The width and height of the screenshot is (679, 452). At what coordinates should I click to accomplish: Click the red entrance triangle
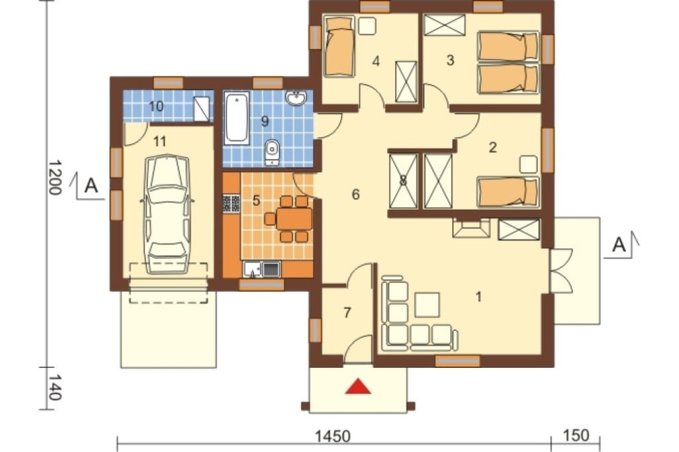(x=358, y=387)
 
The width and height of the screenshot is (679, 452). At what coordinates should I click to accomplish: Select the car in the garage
(x=168, y=214)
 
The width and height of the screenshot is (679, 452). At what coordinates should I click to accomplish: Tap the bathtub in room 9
(x=236, y=118)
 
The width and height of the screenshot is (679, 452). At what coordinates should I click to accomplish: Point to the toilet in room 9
(x=272, y=153)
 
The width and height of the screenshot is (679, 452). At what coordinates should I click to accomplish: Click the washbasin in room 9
(x=296, y=98)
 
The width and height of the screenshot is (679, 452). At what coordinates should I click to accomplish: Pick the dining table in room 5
(x=294, y=219)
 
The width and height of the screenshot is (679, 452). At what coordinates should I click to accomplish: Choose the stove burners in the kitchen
(x=232, y=204)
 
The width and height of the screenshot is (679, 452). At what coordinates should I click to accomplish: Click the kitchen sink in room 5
(x=262, y=269)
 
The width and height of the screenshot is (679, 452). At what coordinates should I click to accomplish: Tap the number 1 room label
(x=478, y=297)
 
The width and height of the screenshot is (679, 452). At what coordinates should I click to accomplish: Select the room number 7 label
(x=347, y=312)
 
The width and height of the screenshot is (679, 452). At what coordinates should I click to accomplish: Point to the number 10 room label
(x=156, y=106)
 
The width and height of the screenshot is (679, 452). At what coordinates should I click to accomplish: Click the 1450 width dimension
(x=333, y=436)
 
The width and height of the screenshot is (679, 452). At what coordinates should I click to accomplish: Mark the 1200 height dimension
(x=54, y=178)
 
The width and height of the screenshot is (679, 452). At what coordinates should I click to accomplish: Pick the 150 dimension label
(x=576, y=435)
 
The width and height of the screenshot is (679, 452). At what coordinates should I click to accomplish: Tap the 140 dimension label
(x=54, y=388)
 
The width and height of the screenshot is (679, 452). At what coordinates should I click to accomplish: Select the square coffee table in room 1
(x=427, y=305)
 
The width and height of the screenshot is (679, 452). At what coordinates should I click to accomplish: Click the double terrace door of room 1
(x=562, y=271)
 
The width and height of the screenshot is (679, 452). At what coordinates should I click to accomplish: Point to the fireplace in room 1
(x=471, y=228)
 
